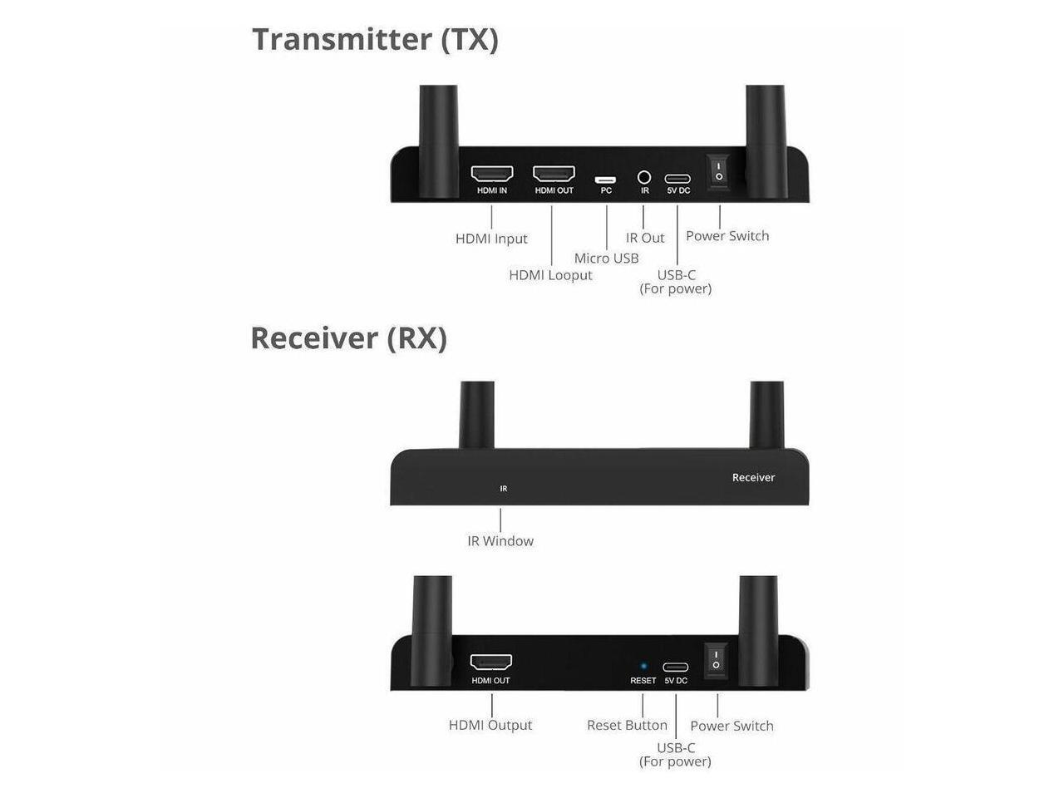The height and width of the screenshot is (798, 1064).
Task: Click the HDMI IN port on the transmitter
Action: coord(491,175)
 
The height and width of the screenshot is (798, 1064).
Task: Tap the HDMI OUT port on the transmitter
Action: coord(554,175)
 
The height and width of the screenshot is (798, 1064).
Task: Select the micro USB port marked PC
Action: coord(605,180)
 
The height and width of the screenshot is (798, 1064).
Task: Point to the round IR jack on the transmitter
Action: coord(644,177)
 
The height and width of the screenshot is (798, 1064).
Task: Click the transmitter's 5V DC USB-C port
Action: coord(677,179)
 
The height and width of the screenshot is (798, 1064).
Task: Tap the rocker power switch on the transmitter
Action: coord(719,171)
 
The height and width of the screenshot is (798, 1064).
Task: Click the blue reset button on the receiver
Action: coord(643,666)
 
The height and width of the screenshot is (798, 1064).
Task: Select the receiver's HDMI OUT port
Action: coord(491,663)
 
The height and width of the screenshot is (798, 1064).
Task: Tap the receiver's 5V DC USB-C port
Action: coord(675,667)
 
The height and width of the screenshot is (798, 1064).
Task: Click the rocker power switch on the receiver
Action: coord(716,660)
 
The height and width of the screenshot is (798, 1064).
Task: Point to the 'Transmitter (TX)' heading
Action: coord(375,39)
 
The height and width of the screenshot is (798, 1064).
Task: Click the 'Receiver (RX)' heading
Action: coord(348,338)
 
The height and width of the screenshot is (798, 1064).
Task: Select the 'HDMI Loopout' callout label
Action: coord(550,275)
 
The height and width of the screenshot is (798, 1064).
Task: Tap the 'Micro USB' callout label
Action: coord(606,259)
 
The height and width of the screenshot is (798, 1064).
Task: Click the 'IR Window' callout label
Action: coord(500,541)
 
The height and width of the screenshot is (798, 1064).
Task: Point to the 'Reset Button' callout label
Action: coord(627,726)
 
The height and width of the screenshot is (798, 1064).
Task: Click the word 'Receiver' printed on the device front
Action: coord(753,477)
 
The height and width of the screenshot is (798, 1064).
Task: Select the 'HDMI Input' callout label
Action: coord(491,239)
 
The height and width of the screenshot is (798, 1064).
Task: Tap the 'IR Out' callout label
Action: coord(645,238)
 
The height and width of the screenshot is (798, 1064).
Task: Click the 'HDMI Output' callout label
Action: coord(490,725)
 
